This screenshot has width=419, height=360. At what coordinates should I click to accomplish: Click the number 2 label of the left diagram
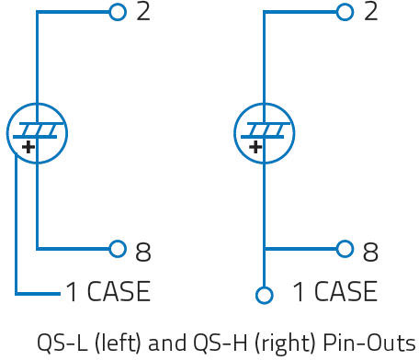click(x=143, y=12)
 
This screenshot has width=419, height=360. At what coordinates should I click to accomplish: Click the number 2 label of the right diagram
click(x=370, y=12)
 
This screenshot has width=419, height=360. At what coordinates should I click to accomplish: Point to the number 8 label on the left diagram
click(x=143, y=252)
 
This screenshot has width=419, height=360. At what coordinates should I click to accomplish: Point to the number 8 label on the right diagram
click(x=370, y=252)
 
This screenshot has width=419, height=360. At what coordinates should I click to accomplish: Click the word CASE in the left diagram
click(x=119, y=291)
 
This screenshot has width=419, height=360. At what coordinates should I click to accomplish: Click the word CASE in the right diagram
click(x=345, y=291)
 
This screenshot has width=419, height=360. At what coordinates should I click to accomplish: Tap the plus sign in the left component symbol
click(x=28, y=147)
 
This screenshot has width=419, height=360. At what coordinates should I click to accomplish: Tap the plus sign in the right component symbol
click(x=255, y=147)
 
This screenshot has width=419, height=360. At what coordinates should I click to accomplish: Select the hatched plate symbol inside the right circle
click(x=264, y=130)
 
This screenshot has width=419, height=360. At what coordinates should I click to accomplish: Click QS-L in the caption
click(x=62, y=343)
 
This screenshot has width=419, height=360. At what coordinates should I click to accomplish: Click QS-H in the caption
click(x=220, y=343)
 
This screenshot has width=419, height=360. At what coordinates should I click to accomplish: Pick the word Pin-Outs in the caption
click(x=369, y=343)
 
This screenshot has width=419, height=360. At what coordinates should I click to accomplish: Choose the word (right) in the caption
click(x=285, y=343)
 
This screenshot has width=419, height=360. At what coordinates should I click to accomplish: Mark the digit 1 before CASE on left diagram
click(x=72, y=291)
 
